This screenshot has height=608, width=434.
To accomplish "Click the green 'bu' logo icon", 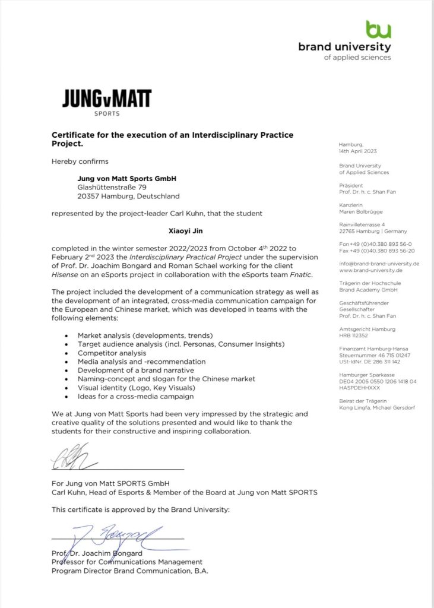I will click(x=379, y=30).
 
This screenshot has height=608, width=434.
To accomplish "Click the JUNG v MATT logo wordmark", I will click(x=107, y=99).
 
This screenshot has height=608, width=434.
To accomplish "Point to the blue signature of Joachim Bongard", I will click(x=113, y=537).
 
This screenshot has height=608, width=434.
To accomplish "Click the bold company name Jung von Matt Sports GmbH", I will click(x=127, y=178).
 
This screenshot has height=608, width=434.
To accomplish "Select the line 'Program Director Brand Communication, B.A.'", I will click(x=130, y=571).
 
